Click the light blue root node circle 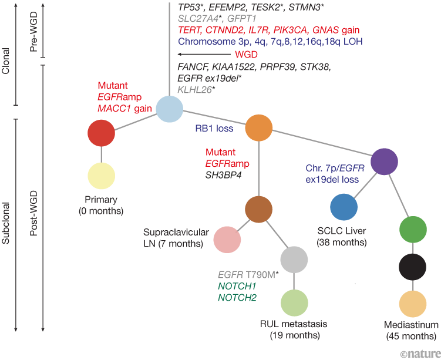point(169,109)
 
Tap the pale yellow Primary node point(101,176)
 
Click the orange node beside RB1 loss point(258,127)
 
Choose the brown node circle point(258,210)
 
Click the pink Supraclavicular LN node point(227,239)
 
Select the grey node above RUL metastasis point(294,259)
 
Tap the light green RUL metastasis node point(294,302)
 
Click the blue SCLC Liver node point(344,208)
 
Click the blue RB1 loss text point(215,127)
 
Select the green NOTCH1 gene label point(237,285)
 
